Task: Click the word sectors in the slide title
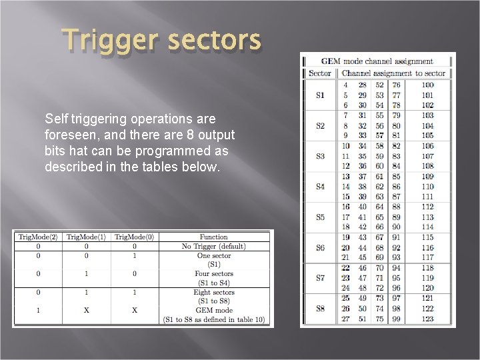[214, 41]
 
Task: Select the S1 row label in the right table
[320, 95]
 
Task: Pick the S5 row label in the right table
[320, 217]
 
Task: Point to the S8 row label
[320, 309]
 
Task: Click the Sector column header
[320, 73]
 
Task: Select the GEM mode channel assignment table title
[377, 61]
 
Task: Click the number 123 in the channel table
[427, 319]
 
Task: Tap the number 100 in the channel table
[427, 85]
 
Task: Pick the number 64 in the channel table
[379, 207]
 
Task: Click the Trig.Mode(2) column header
[37, 237]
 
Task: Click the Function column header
[214, 237]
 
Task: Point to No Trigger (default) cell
[214, 246]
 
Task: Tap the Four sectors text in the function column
[214, 273]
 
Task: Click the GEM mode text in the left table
[214, 311]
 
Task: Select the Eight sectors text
[214, 292]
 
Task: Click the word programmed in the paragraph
[179, 151]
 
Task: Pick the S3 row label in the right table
[320, 156]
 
